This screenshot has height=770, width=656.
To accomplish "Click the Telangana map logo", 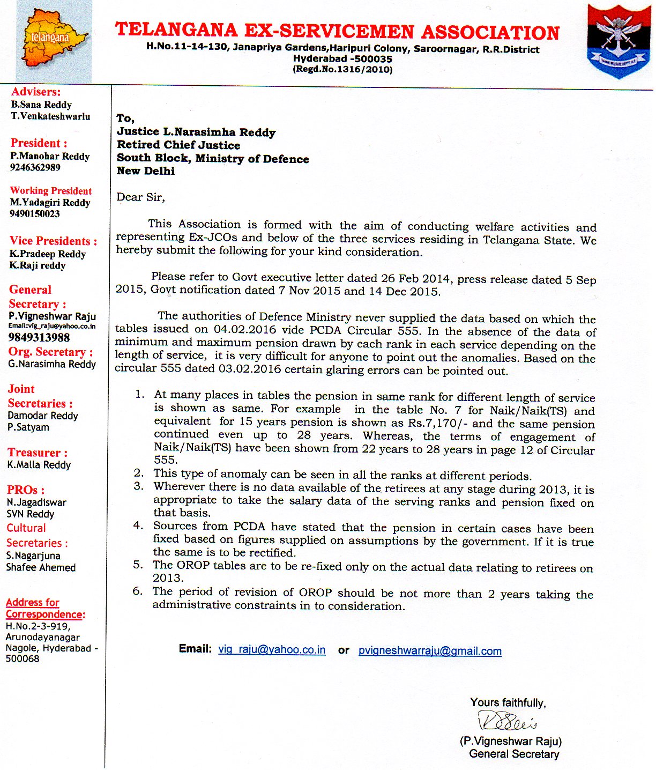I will pyautogui.click(x=54, y=42).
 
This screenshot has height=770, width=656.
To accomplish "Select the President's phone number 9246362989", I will pyautogui.click(x=35, y=167).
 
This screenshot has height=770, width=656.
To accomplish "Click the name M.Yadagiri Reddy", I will pyautogui.click(x=50, y=202).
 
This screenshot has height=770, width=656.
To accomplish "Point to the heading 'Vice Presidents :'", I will pyautogui.click(x=53, y=241).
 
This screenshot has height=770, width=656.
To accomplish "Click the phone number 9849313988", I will pyautogui.click(x=39, y=337).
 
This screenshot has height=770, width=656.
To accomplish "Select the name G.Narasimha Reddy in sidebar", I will pyautogui.click(x=51, y=364).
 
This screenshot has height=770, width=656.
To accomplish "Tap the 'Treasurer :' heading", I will pyautogui.click(x=38, y=453).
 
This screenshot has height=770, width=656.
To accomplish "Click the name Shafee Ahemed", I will pyautogui.click(x=41, y=567).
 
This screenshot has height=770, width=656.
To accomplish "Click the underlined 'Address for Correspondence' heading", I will pyautogui.click(x=45, y=608).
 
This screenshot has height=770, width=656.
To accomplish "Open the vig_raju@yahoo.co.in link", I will pyautogui.click(x=272, y=649).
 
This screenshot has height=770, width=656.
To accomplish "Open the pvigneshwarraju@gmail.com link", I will pyautogui.click(x=430, y=651).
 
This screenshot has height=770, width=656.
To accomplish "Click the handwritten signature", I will pyautogui.click(x=507, y=721).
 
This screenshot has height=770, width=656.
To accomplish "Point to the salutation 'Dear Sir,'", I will pyautogui.click(x=140, y=197).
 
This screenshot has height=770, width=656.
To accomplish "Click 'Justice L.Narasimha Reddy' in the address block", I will pyautogui.click(x=196, y=132).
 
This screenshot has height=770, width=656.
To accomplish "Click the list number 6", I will pyautogui.click(x=138, y=591).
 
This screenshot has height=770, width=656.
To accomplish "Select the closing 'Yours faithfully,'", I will pyautogui.click(x=508, y=702).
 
